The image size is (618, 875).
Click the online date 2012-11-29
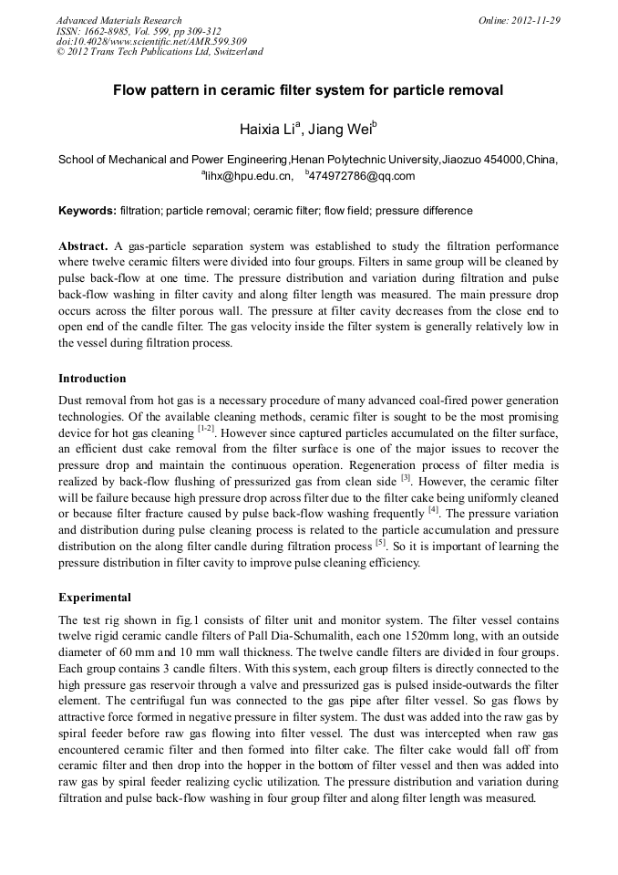click(x=534, y=20)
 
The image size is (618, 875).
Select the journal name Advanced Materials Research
click(x=118, y=20)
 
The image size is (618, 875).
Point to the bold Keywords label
click(x=88, y=211)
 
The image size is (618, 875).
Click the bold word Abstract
click(x=84, y=246)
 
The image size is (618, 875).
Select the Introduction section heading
click(x=92, y=378)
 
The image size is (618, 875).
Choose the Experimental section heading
click(x=95, y=598)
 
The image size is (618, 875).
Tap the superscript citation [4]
click(x=434, y=510)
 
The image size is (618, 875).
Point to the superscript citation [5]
click(x=380, y=543)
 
